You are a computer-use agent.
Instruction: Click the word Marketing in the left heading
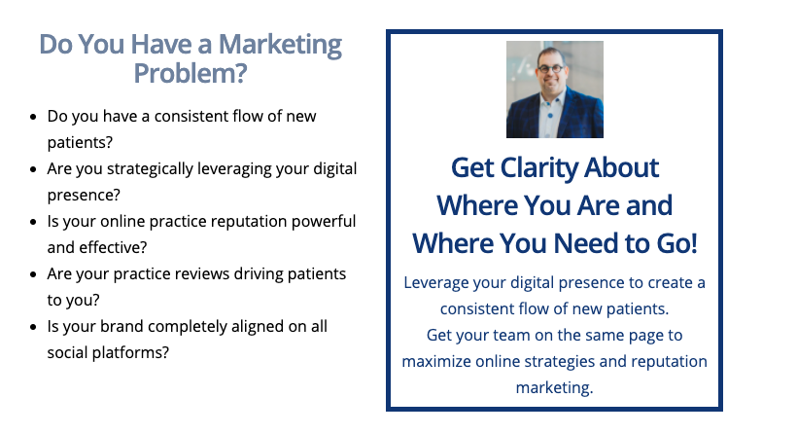pos(280,46)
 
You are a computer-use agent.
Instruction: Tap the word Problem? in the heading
pos(191,74)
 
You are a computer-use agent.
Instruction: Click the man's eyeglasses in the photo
pos(551,68)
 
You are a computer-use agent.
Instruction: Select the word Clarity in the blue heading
pos(538,169)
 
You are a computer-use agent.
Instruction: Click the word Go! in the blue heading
pos(676,243)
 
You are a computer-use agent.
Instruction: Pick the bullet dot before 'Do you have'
pos(34,117)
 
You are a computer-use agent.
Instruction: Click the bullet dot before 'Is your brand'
pos(34,327)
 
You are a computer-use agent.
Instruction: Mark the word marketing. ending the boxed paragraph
pos(555,388)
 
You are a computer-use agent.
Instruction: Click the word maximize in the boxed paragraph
pos(436,361)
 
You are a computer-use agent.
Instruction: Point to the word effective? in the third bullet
pos(113,248)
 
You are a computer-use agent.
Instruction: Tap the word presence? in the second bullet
pos(84,196)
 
